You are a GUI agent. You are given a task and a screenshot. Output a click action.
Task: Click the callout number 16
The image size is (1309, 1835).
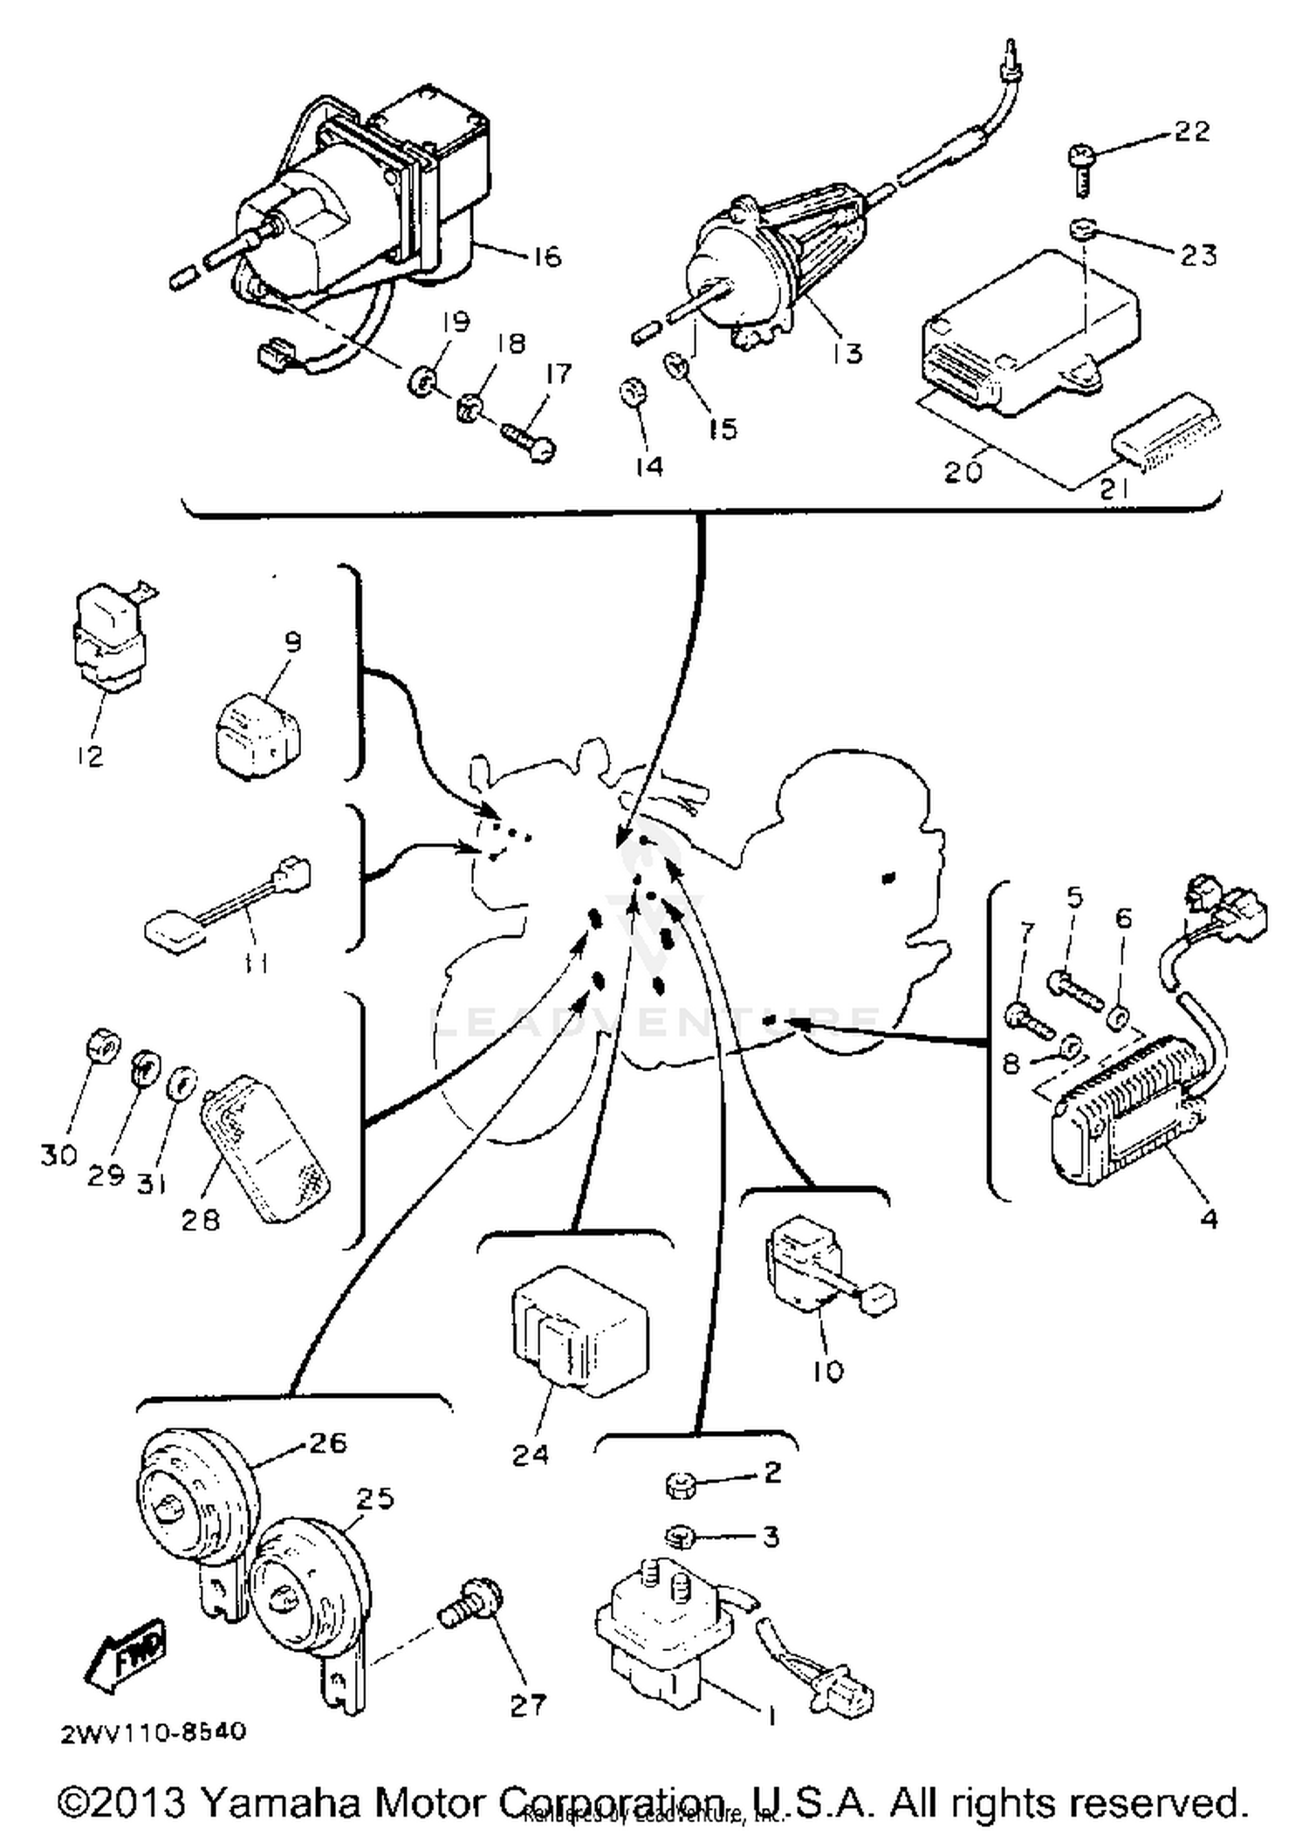click(546, 257)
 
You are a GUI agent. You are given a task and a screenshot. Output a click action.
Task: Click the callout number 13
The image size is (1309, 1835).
click(847, 353)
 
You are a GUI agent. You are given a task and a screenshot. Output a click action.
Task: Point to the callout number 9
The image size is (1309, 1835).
click(293, 642)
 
